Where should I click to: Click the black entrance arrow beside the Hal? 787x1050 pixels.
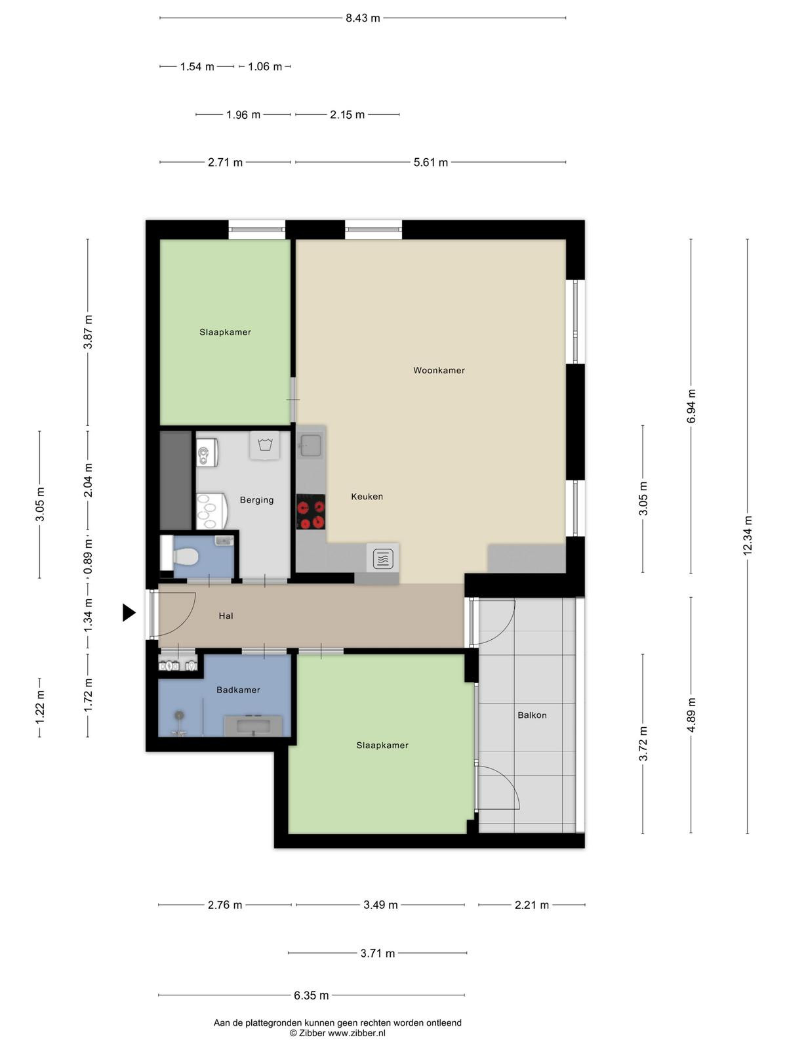pyautogui.click(x=129, y=612)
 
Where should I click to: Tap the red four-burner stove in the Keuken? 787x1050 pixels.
pyautogui.click(x=311, y=511)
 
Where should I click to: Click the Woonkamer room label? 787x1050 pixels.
pyautogui.click(x=439, y=370)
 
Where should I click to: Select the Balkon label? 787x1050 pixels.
pyautogui.click(x=532, y=715)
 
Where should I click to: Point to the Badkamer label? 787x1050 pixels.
pyautogui.click(x=238, y=690)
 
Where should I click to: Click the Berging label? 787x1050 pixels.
pyautogui.click(x=256, y=500)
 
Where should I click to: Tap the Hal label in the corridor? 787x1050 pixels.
pyautogui.click(x=226, y=616)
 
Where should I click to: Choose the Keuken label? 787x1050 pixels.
pyautogui.click(x=367, y=497)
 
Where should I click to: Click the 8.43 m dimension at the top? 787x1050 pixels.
pyautogui.click(x=363, y=18)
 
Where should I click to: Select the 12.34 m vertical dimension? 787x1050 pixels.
pyautogui.click(x=748, y=535)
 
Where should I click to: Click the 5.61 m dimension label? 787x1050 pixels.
pyautogui.click(x=430, y=162)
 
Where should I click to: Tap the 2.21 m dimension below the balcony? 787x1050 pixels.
pyautogui.click(x=531, y=905)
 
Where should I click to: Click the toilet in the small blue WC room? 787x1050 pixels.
pyautogui.click(x=186, y=556)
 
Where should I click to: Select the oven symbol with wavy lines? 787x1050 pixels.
pyautogui.click(x=382, y=558)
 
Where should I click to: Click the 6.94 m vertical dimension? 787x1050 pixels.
pyautogui.click(x=691, y=406)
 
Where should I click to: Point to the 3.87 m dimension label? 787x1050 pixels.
pyautogui.click(x=88, y=332)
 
